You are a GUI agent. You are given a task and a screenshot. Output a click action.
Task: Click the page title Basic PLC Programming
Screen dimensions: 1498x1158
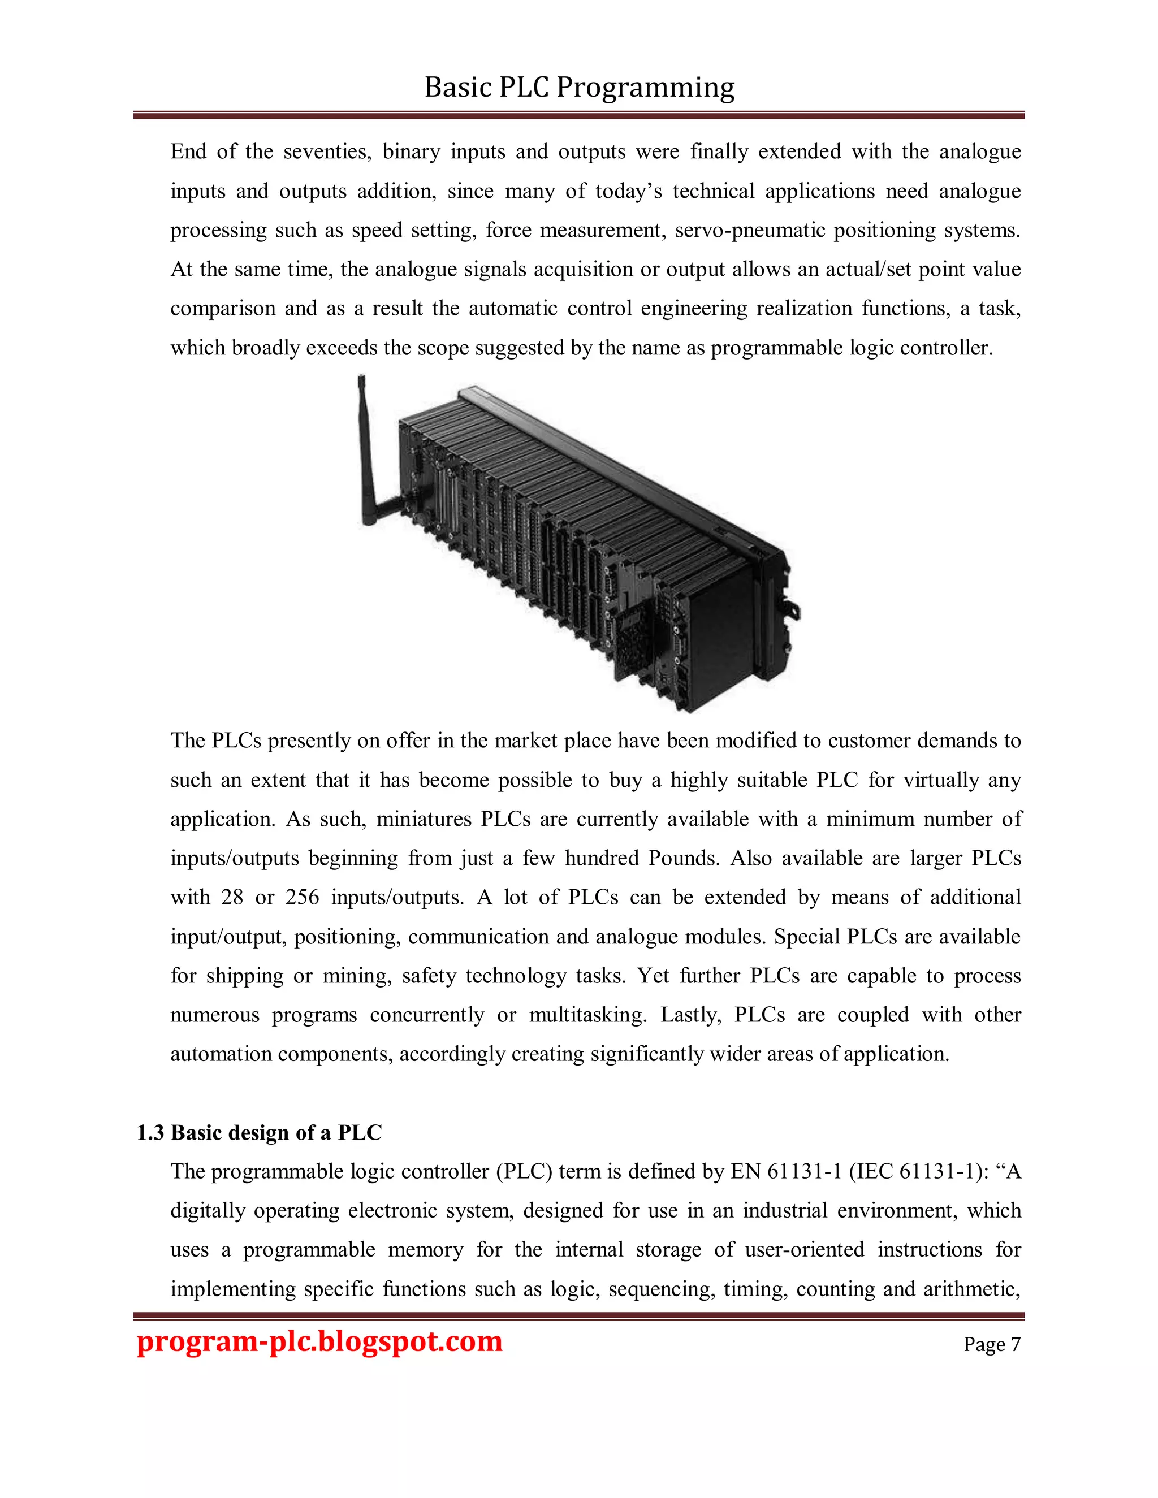click(579, 88)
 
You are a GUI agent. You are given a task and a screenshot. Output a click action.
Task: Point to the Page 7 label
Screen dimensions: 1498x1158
click(991, 1344)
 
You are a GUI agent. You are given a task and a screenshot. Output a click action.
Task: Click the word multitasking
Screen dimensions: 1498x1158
click(588, 1015)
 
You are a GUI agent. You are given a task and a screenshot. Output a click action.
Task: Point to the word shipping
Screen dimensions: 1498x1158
click(245, 976)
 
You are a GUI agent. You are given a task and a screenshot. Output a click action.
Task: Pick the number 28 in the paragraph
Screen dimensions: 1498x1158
click(232, 898)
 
